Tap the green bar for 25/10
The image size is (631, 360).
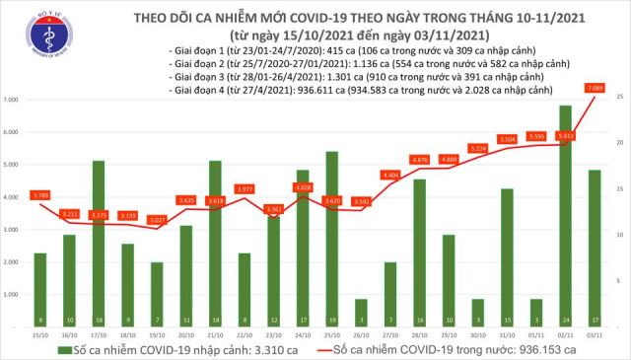click(331, 238)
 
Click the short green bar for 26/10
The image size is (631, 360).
click(361, 312)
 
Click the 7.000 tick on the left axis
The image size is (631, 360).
click(13, 101)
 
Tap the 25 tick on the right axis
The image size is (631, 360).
click(617, 96)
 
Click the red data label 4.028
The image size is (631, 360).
click(303, 187)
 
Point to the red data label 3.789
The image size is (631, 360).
click(41, 194)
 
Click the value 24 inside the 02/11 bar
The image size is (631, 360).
click(565, 320)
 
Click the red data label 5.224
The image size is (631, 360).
click(477, 148)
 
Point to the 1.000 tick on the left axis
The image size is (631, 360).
click(13, 295)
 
